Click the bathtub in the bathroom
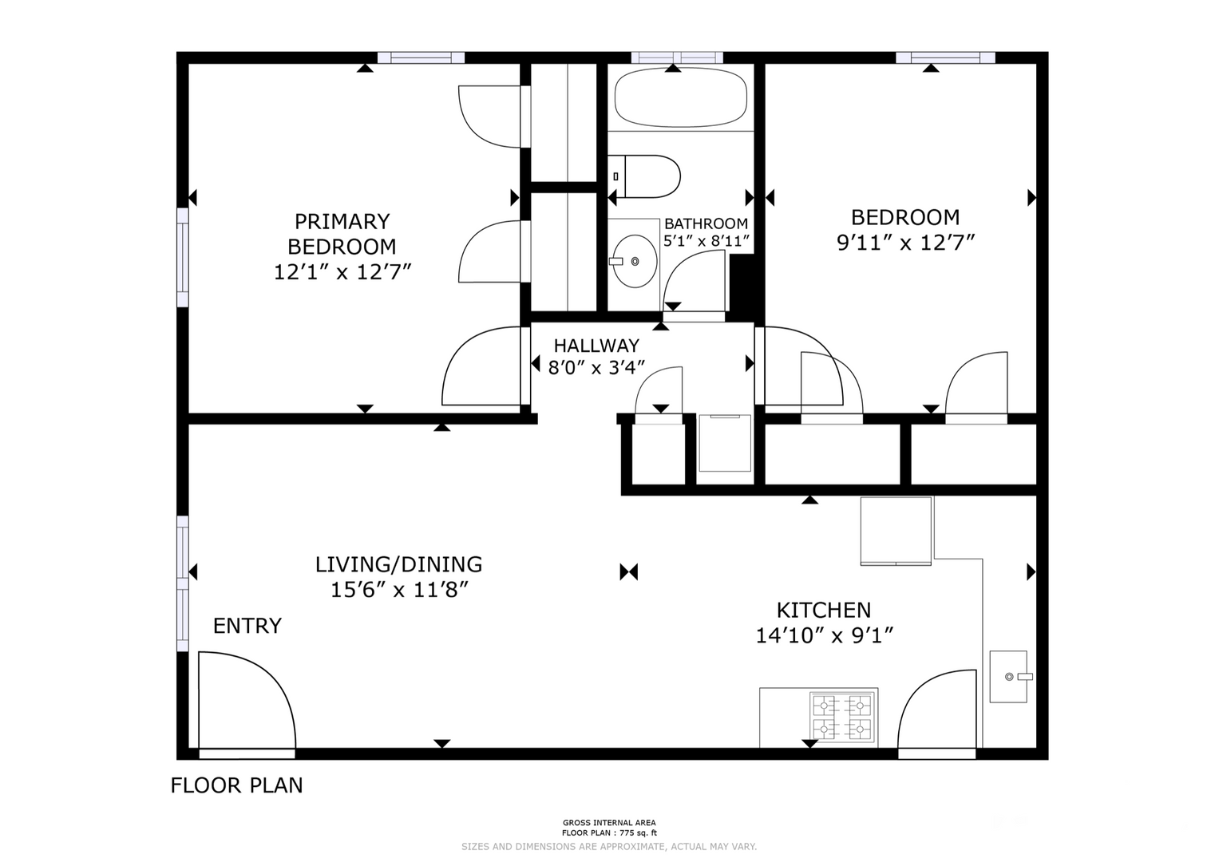click(x=680, y=97)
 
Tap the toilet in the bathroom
click(x=643, y=176)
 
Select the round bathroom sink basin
click(x=635, y=261)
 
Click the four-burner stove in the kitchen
click(x=843, y=717)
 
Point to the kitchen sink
click(x=1008, y=677)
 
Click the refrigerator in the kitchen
click(x=896, y=531)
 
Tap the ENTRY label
click(x=247, y=626)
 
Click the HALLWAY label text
click(x=596, y=346)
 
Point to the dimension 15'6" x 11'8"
click(x=399, y=590)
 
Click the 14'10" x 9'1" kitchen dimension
click(x=825, y=635)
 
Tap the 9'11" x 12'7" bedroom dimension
click(x=905, y=243)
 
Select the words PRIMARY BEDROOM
click(x=342, y=234)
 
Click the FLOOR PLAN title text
click(x=237, y=785)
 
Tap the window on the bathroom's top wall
click(x=677, y=57)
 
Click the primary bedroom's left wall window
click(x=182, y=257)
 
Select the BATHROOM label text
click(x=706, y=223)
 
